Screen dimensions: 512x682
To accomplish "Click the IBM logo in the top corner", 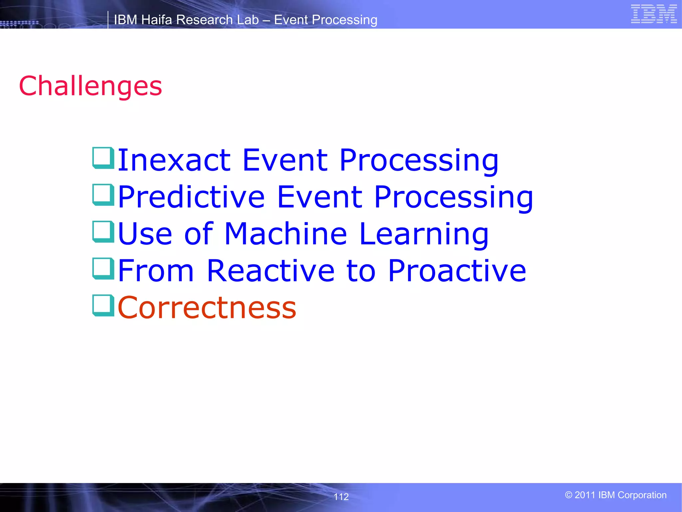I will click(654, 14).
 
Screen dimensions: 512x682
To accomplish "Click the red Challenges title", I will click(91, 86).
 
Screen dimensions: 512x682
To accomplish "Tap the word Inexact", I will click(174, 160).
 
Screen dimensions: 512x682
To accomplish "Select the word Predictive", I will click(191, 197).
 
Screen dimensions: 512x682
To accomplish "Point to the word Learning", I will click(424, 235).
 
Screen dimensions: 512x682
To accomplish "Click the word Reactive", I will click(270, 271).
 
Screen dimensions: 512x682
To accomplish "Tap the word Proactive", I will click(457, 271).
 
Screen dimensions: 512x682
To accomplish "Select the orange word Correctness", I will click(207, 308).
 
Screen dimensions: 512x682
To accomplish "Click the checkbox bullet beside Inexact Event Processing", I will click(103, 158).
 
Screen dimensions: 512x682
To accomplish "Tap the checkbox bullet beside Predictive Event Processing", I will click(103, 195).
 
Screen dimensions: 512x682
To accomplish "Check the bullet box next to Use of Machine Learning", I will click(103, 232).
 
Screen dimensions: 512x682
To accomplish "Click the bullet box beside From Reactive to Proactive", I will click(103, 268).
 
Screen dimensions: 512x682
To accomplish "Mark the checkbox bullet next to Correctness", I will click(103, 305).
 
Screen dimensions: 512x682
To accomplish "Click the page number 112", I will click(341, 497).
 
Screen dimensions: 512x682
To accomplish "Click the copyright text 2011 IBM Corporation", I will click(616, 495).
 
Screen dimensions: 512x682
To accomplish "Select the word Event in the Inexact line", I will click(285, 160).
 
